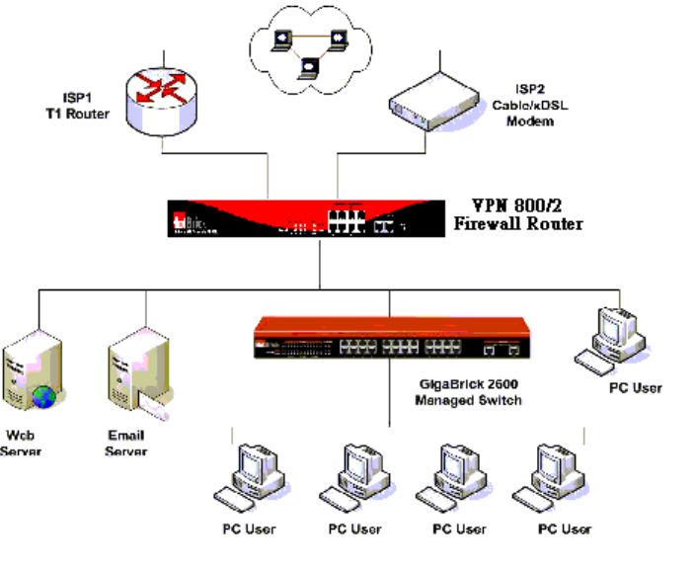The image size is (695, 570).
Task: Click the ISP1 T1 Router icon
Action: click(162, 101)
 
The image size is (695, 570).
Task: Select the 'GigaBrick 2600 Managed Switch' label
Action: click(468, 393)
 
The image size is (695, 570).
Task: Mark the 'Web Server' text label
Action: click(27, 443)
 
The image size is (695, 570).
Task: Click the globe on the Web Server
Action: click(42, 396)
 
